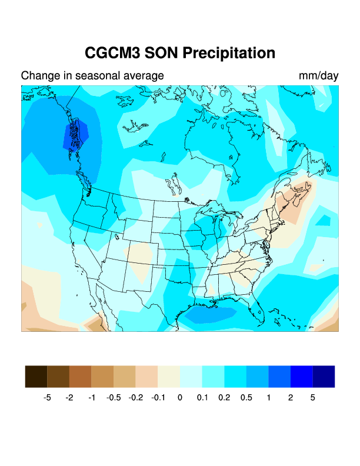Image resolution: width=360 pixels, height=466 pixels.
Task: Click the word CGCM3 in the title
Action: pos(113,53)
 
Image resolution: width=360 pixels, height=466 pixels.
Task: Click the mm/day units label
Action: pos(318,76)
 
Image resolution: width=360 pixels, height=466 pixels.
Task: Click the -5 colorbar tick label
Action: pos(47,398)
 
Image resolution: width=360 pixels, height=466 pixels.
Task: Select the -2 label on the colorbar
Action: pos(69,398)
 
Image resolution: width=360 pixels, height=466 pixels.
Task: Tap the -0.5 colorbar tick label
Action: pos(114,398)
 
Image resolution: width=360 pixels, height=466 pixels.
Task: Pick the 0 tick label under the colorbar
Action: pos(180,398)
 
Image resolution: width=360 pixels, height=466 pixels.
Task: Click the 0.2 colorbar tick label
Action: pos(224,398)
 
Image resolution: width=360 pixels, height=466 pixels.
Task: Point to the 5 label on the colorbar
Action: pos(313,398)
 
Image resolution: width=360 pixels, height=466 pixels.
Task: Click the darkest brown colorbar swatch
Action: pos(36,377)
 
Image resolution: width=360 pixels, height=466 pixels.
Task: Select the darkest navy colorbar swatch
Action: pos(324,377)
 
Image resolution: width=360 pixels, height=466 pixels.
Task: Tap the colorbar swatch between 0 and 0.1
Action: pos(191,377)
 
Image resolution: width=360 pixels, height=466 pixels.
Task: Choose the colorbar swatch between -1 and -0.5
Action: pos(102,377)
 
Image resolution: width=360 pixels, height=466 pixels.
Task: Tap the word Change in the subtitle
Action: pos(39,76)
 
